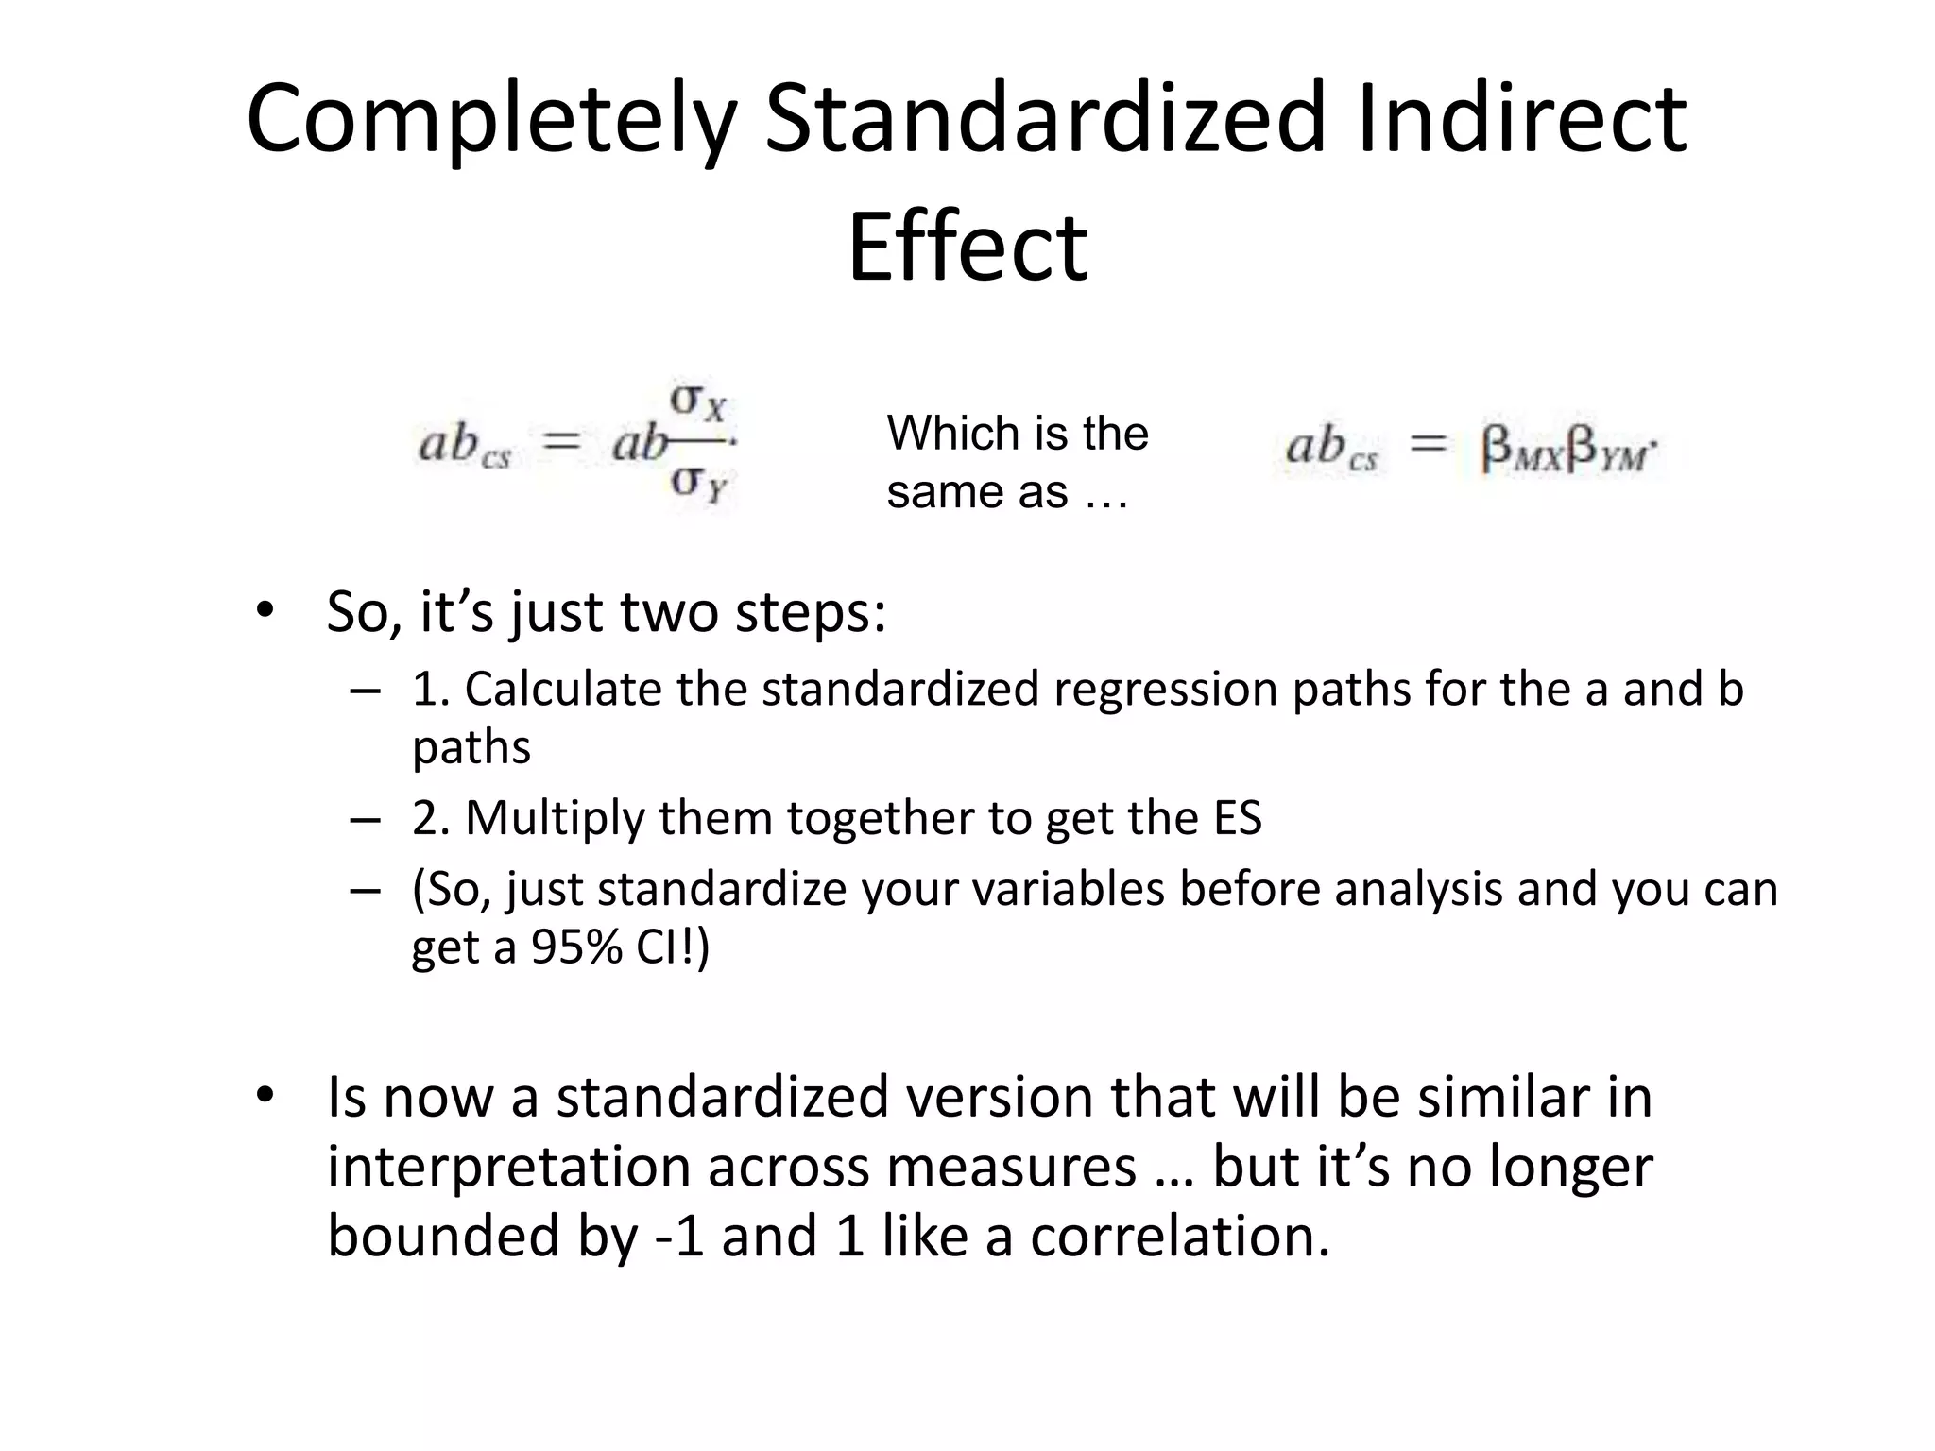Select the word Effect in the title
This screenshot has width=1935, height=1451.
click(x=967, y=248)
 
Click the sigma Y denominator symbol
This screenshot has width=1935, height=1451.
click(x=698, y=484)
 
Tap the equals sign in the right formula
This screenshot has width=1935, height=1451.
click(x=1428, y=444)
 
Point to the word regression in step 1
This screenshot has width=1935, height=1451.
click(x=1165, y=689)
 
